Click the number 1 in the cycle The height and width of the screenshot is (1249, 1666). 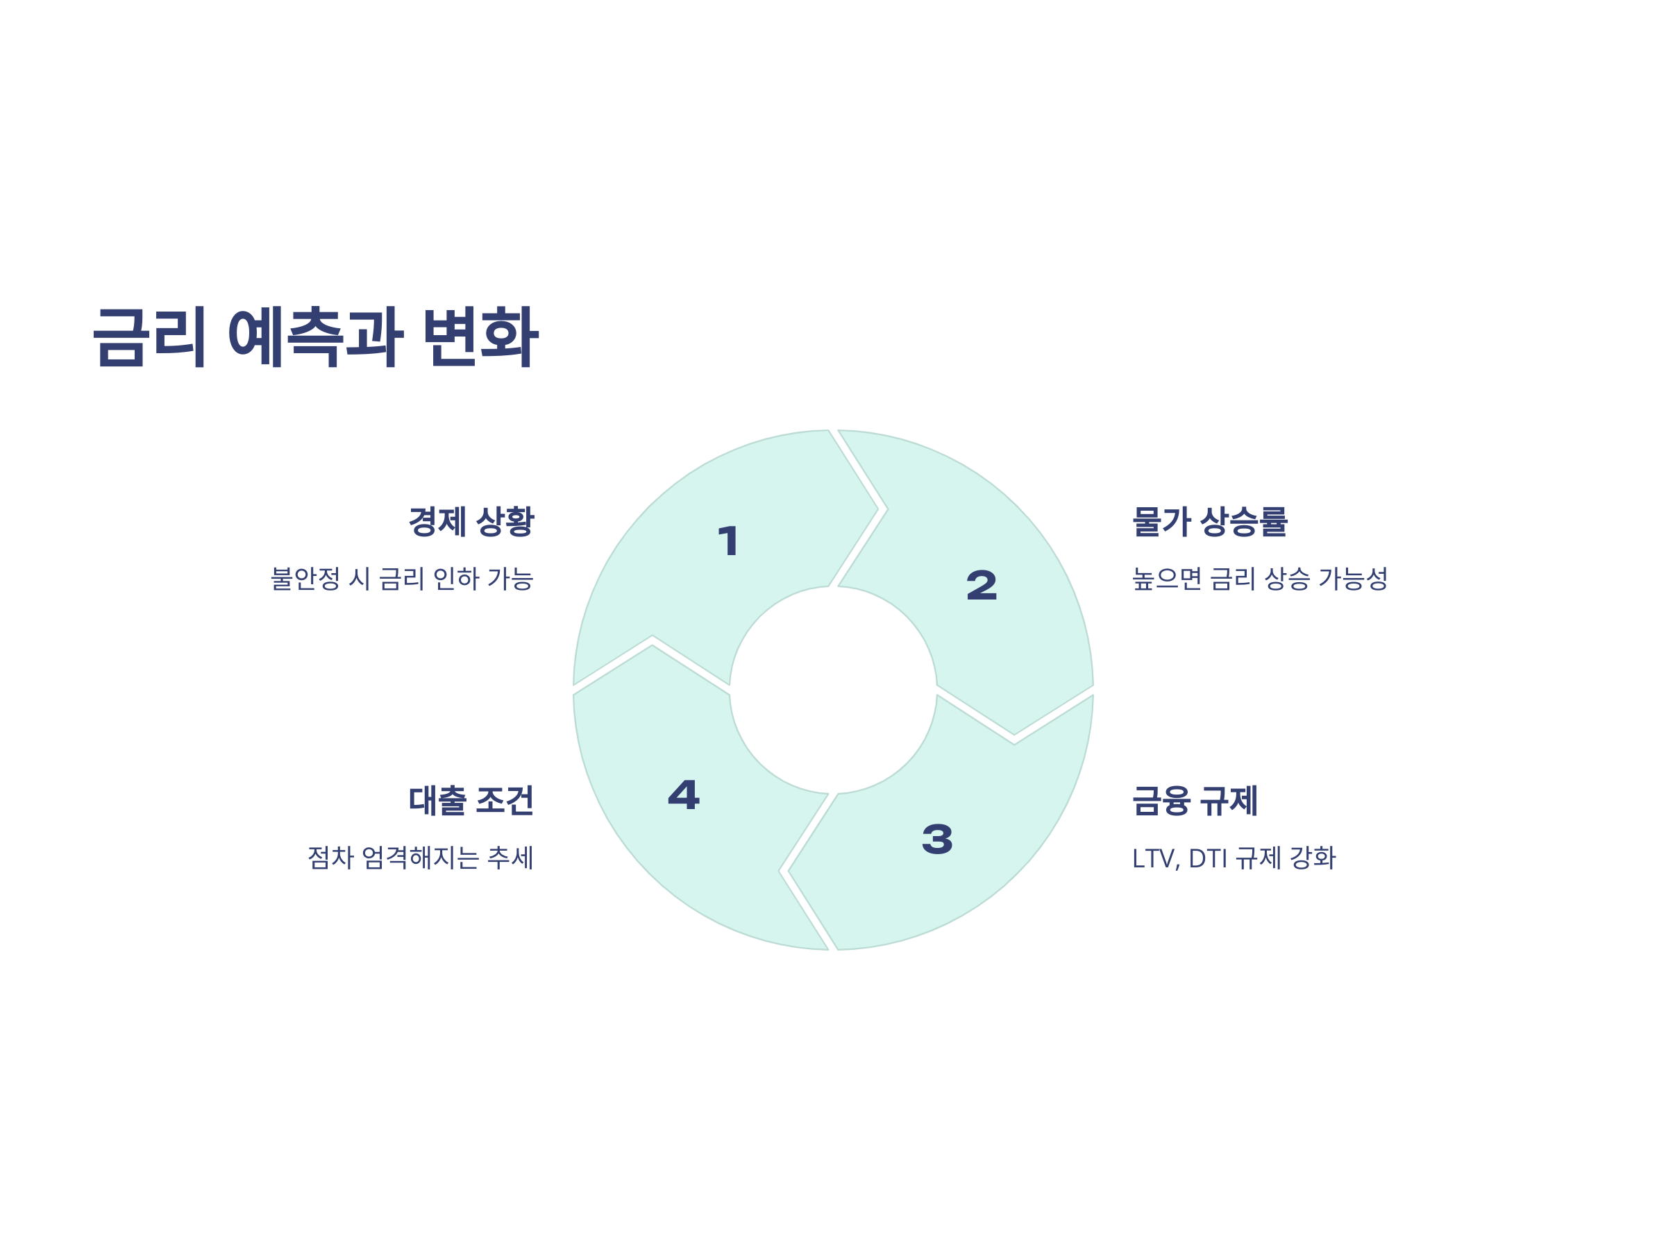(x=728, y=541)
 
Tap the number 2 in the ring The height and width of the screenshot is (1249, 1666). (x=982, y=586)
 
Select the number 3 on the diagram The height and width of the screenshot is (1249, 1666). (x=937, y=840)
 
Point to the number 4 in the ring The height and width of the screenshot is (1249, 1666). (x=684, y=795)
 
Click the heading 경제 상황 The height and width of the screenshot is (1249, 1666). (x=471, y=522)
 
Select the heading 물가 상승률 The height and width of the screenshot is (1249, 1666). (x=1209, y=522)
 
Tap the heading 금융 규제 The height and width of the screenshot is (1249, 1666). (x=1195, y=801)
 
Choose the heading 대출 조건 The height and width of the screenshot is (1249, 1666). (x=471, y=801)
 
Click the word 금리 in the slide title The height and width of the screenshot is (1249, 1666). (x=149, y=337)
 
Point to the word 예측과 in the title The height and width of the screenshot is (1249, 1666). (x=316, y=337)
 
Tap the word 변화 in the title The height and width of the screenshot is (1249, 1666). (x=480, y=337)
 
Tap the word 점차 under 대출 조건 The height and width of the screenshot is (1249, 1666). (x=330, y=858)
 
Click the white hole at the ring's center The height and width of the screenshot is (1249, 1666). (x=833, y=690)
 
